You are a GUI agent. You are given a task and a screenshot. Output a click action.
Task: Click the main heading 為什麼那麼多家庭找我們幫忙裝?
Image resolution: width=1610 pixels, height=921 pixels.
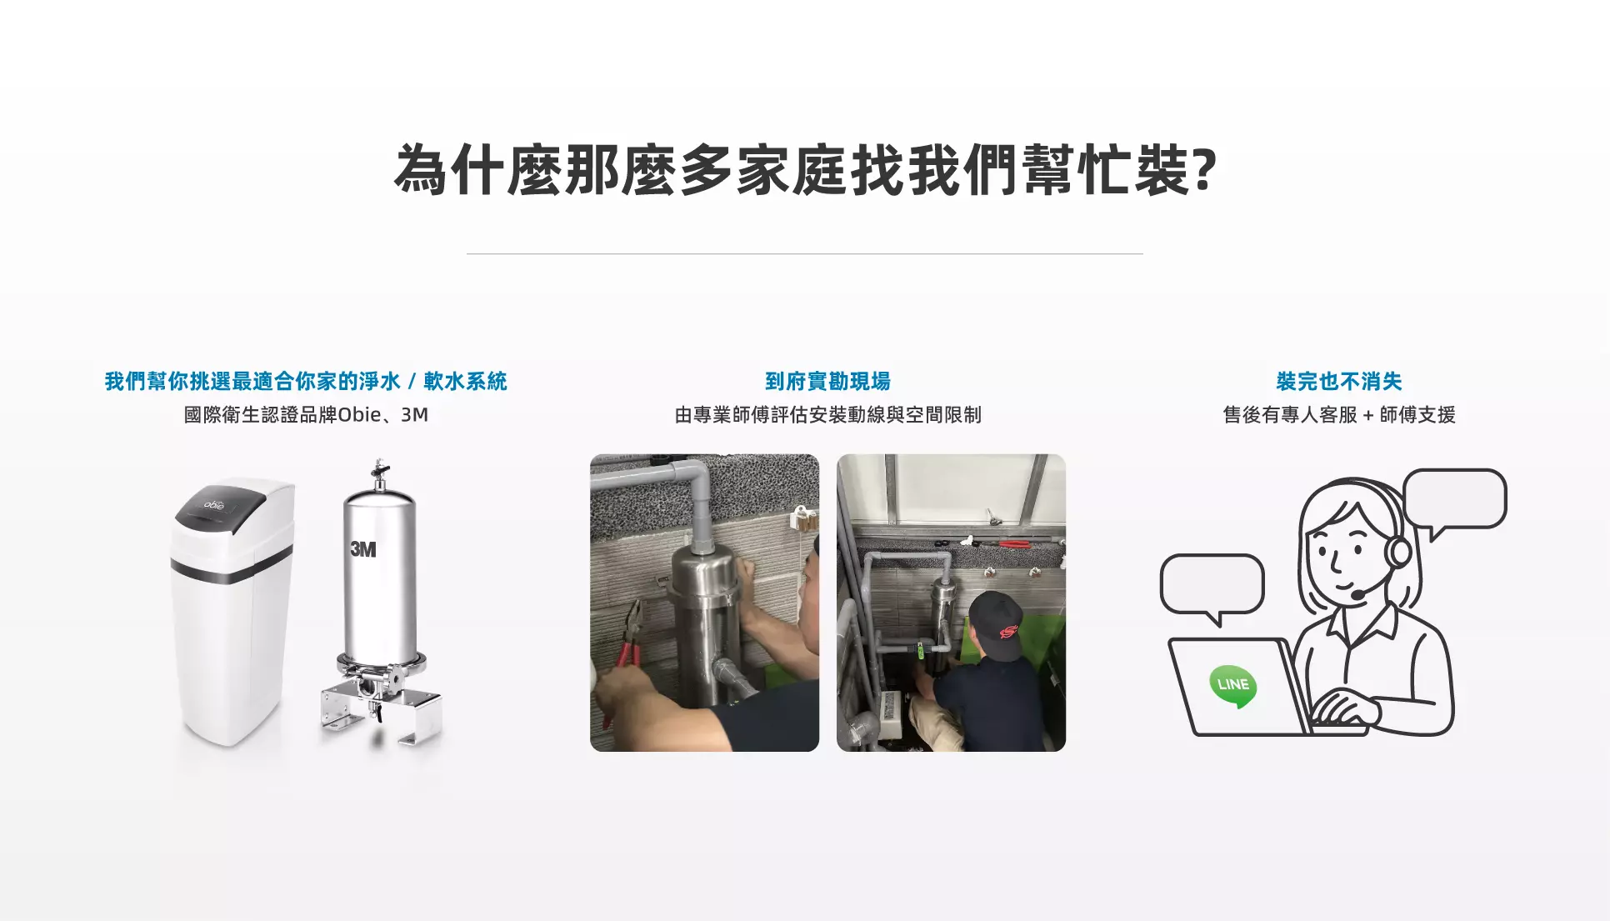[806, 170]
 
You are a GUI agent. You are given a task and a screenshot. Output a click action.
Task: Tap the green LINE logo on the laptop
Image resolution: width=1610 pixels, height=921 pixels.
[1232, 686]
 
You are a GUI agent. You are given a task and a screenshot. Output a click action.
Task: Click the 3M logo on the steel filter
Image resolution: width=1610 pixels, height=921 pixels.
[363, 549]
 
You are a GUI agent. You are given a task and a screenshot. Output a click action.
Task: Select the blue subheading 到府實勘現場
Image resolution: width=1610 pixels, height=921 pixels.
[827, 381]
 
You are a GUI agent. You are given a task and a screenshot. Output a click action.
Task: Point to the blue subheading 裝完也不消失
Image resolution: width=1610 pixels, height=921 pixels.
[1339, 381]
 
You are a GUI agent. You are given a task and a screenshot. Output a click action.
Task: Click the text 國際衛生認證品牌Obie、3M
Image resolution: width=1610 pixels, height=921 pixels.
[306, 414]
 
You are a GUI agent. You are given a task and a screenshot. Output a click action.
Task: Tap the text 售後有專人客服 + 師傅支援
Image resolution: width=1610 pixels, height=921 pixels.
[1339, 414]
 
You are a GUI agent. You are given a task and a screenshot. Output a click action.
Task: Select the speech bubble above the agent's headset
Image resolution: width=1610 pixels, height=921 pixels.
[1454, 500]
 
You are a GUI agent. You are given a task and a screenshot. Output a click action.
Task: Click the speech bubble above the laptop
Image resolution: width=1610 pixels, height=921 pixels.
[1212, 587]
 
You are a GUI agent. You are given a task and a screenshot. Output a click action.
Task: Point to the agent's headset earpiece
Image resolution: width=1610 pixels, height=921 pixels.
[1397, 551]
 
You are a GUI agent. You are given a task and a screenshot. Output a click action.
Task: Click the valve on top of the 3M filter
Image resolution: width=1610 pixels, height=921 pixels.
[380, 473]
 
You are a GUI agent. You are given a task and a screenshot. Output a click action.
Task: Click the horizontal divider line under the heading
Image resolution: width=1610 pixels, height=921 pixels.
[805, 253]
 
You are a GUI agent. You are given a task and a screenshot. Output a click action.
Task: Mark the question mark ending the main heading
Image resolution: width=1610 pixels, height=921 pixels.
[1206, 170]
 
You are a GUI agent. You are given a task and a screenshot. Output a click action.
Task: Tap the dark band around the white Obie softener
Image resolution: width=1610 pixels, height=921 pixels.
[232, 566]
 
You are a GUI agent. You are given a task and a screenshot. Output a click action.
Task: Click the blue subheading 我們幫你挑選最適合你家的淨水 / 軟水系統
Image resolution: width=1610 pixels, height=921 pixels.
[306, 381]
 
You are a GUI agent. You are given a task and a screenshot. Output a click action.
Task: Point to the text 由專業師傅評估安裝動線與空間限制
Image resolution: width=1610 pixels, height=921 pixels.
[827, 414]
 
